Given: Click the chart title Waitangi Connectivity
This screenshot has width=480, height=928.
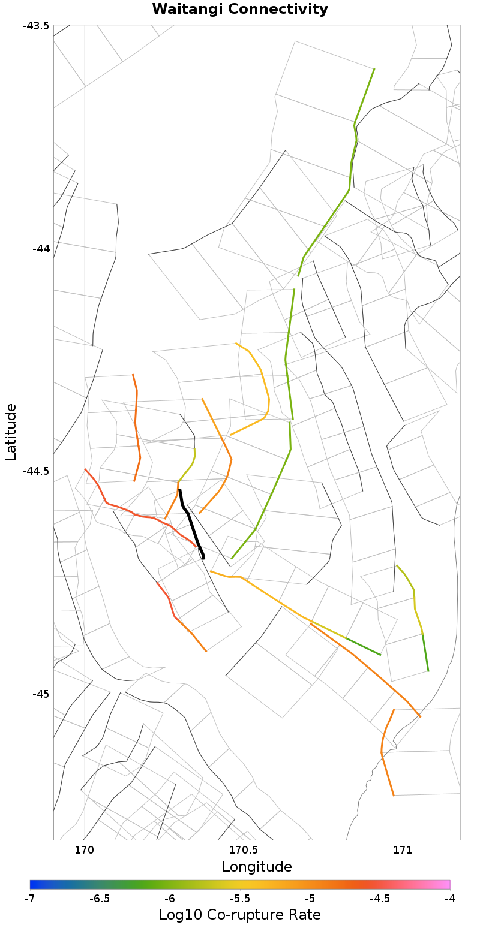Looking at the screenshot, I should point(240,9).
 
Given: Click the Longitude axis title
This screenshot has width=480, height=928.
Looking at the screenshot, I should point(257,867).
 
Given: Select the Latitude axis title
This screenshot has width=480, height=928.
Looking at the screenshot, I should point(11,432).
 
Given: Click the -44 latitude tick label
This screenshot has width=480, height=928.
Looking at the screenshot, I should point(40,248).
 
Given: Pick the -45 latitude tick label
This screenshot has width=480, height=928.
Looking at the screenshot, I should point(40,694).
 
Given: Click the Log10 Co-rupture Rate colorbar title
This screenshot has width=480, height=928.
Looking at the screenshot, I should point(240,915).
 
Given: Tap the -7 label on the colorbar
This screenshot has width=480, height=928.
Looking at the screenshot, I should point(31,899).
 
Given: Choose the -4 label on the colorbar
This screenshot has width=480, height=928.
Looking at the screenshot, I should point(450,899).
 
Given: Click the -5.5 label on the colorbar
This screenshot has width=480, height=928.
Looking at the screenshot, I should point(240,899).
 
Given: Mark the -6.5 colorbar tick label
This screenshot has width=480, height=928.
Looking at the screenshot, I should point(100,899).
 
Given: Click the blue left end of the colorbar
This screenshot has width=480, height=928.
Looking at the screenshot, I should point(34,884).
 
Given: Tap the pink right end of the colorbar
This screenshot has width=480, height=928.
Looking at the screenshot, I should point(446,884).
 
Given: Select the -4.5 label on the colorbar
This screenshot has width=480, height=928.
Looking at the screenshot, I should point(380,899).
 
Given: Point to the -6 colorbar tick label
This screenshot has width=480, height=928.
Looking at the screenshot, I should point(170,899).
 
